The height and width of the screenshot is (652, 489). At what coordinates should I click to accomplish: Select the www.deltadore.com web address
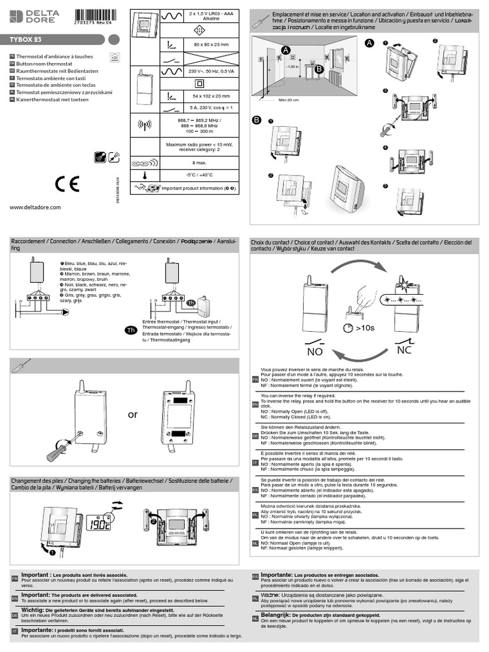coord(35,207)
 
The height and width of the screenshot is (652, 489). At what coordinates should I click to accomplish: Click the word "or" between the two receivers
coord(132,415)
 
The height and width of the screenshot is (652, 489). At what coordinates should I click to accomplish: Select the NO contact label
coord(315,351)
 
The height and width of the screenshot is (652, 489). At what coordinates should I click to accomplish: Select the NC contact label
coord(404,350)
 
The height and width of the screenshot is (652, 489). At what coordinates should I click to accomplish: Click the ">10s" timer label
coord(365,328)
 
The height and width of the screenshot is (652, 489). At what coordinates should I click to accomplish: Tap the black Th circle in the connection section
coord(130,330)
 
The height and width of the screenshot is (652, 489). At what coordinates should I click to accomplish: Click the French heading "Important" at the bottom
coord(36,574)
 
